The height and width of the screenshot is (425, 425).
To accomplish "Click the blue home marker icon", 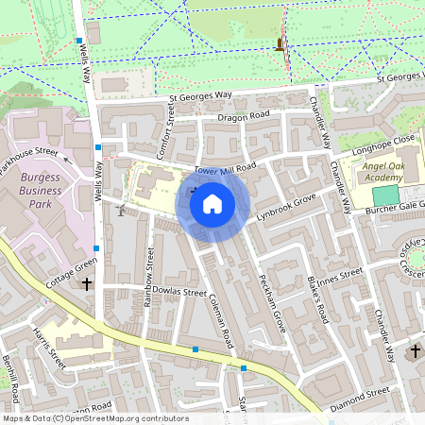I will pyautogui.click(x=212, y=203).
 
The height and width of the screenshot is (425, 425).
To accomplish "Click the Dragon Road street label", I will pyautogui.click(x=244, y=116).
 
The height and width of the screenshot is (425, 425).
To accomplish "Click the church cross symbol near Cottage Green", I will pyautogui.click(x=87, y=283).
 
